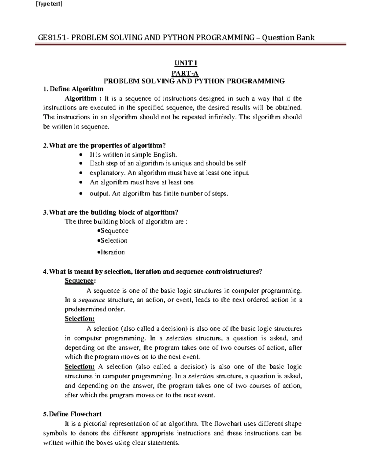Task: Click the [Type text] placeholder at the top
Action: point(49,4)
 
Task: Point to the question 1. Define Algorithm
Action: point(73,89)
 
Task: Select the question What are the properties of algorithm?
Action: point(107,145)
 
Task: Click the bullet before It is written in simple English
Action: point(80,155)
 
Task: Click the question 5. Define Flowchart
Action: point(72,414)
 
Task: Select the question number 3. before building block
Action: point(46,213)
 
